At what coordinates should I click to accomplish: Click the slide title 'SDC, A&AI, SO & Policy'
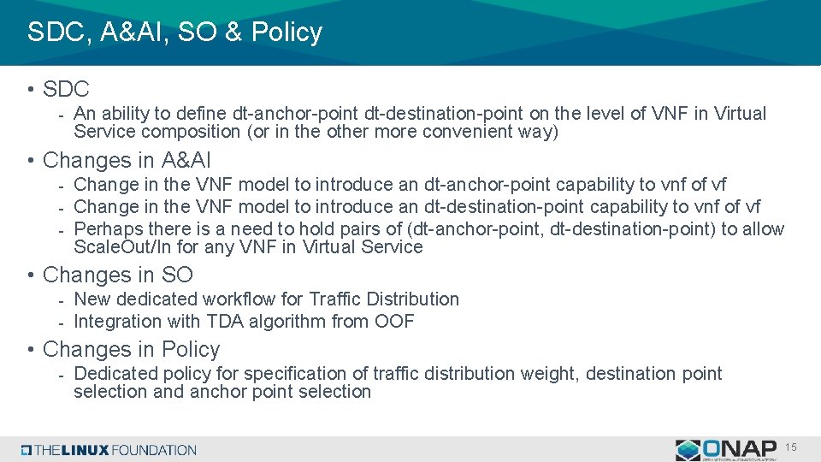pos(174,33)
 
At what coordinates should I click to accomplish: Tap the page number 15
pos(790,448)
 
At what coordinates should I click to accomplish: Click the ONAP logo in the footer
pos(727,450)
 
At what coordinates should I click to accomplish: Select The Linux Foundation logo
pos(109,450)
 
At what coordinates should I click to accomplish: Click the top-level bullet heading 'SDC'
pos(66,88)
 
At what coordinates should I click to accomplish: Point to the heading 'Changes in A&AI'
pos(127,160)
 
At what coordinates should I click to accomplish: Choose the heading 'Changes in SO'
pos(118,275)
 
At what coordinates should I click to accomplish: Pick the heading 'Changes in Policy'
pos(131,349)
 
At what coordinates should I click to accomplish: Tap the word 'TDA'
pos(225,322)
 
